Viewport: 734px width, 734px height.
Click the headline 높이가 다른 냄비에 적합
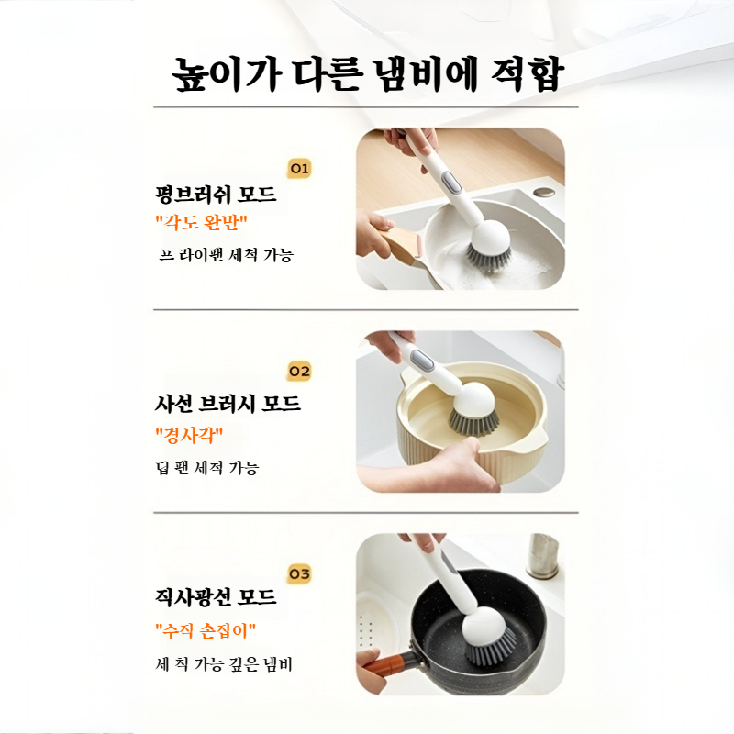coord(367,74)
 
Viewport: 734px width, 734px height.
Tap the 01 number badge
coord(300,168)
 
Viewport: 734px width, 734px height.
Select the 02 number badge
coord(300,372)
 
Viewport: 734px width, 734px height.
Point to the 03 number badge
coord(300,574)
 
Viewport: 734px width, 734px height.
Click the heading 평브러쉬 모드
coord(217,195)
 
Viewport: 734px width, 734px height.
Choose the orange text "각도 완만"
coord(202,223)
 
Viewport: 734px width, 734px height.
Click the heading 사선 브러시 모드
coord(228,403)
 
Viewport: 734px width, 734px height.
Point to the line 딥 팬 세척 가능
coord(207,467)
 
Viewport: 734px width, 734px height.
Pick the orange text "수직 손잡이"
coord(206,630)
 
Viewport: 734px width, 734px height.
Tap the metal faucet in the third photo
coord(541,554)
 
